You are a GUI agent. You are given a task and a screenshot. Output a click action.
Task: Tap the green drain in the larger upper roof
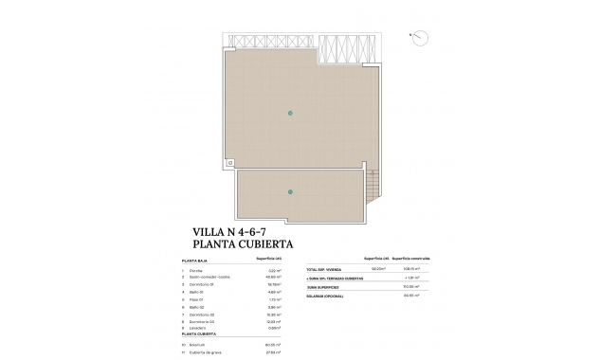tap(291, 114)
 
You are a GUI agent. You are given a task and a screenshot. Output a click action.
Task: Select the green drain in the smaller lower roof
tap(291, 192)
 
